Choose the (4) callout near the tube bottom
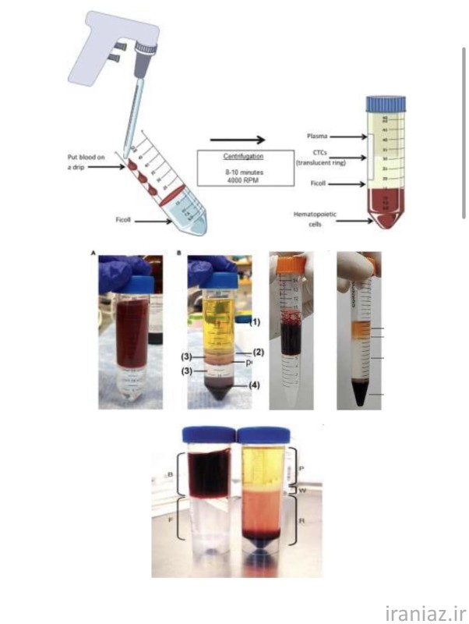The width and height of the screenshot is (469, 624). (x=255, y=385)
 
